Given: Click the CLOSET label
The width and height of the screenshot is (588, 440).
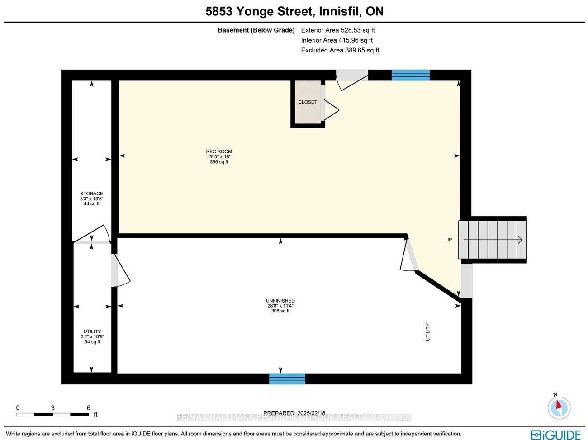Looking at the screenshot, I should [x=308, y=102].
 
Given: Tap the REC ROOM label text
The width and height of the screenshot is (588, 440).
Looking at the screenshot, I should [x=219, y=152].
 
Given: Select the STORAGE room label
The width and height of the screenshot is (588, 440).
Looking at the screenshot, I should [x=92, y=194].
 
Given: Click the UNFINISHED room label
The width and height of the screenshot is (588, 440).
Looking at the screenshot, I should [x=280, y=301].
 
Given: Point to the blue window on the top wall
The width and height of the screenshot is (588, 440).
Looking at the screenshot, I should [x=410, y=75].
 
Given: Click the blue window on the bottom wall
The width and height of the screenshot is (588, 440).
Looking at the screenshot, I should [x=287, y=378].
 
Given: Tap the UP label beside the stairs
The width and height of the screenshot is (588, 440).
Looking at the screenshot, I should [x=449, y=240].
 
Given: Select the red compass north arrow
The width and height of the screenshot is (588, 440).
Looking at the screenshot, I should [x=559, y=405].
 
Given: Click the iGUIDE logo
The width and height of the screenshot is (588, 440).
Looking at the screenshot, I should [x=556, y=435].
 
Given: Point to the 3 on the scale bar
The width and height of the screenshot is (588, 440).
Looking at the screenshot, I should [x=53, y=408].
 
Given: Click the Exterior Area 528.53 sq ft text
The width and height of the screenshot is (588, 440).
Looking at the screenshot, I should [x=338, y=30].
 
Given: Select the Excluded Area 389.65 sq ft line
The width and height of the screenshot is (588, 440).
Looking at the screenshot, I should [x=340, y=50].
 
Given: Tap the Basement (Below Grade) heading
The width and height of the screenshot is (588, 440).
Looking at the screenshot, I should [x=256, y=30].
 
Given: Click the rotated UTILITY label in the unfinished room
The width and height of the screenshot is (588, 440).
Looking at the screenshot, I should [x=427, y=332].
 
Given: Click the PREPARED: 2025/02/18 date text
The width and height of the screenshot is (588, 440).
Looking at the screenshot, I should [x=294, y=413].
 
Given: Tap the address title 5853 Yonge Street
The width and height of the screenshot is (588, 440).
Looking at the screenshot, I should [x=294, y=11].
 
